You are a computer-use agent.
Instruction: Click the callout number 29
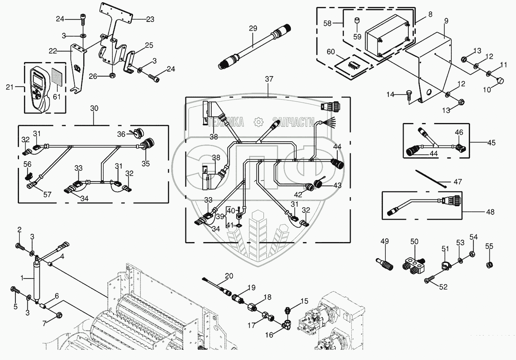pyautogui.click(x=253, y=28)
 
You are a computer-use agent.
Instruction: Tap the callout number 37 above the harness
pyautogui.click(x=269, y=79)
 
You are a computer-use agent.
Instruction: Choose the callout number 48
pyautogui.click(x=490, y=212)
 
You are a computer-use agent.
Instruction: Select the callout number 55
pyautogui.click(x=489, y=246)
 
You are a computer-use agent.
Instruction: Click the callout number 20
pyautogui.click(x=229, y=276)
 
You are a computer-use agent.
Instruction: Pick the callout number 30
pyautogui.click(x=94, y=108)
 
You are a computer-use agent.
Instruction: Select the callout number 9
pyautogui.click(x=446, y=21)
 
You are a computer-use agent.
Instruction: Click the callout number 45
pyautogui.click(x=491, y=142)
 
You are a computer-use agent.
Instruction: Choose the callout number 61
pyautogui.click(x=57, y=96)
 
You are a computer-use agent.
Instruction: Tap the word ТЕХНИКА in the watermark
pyautogui.click(x=227, y=122)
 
